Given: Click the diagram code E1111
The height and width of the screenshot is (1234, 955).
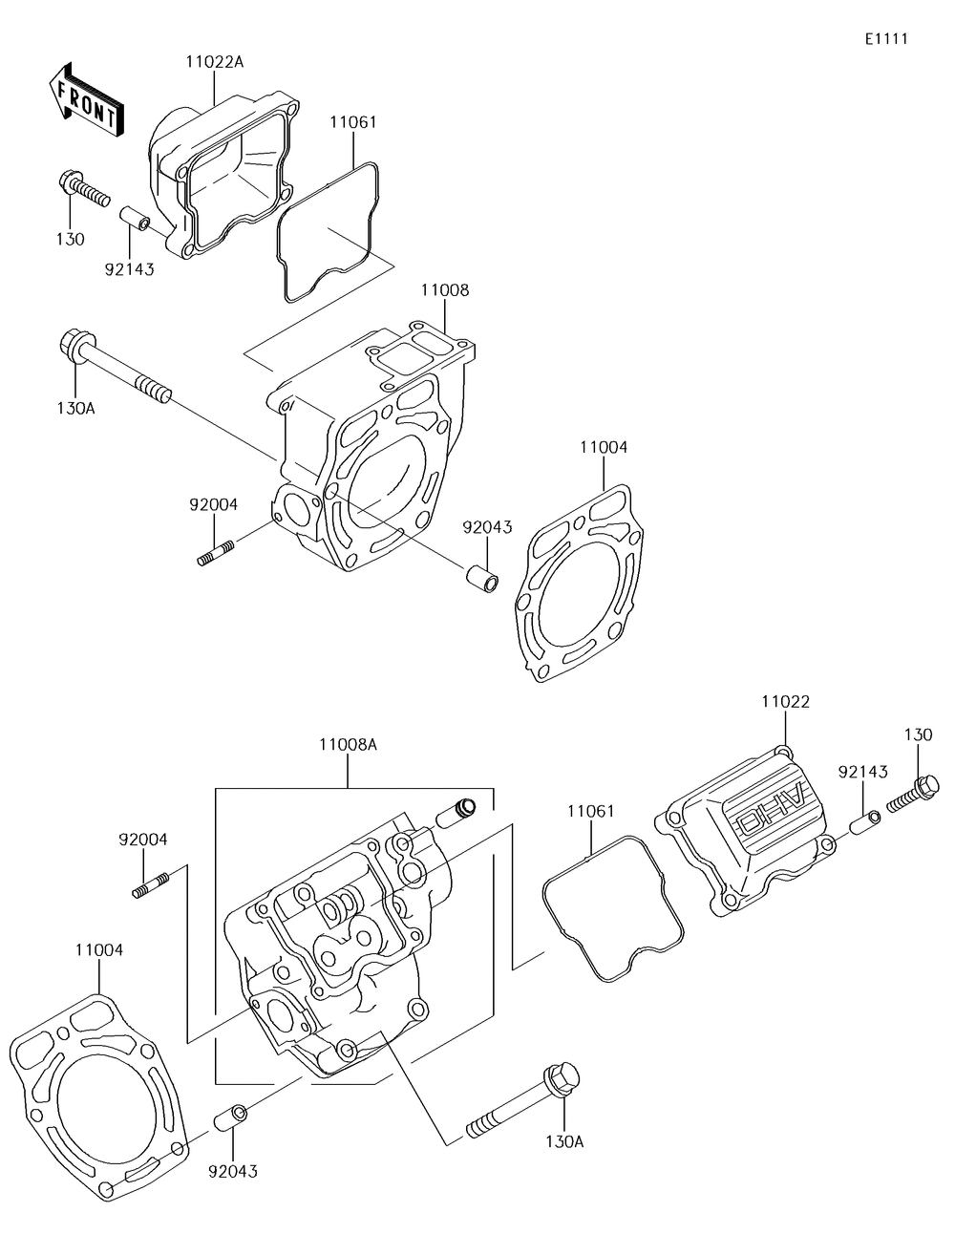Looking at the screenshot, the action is click(886, 38).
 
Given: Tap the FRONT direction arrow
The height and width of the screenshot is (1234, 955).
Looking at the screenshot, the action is click(85, 100).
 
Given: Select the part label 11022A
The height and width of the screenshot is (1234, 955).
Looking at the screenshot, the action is click(215, 62).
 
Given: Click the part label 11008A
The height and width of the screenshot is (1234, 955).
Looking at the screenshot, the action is click(348, 744).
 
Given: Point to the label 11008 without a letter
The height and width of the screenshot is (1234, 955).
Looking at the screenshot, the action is click(445, 290).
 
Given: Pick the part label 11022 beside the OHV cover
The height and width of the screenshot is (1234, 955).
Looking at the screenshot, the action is click(785, 702).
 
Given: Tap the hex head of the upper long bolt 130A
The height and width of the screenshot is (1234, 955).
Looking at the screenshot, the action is click(74, 345).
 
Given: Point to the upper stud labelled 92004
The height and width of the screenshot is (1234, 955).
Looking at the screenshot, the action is click(216, 553).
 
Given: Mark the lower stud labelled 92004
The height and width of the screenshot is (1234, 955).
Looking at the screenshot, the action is click(150, 886).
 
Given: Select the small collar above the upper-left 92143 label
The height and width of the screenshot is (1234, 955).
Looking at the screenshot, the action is click(135, 220).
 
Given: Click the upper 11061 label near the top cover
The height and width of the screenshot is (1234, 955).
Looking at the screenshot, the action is click(353, 122).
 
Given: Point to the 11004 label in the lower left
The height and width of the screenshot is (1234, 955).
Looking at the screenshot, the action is click(99, 966).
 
